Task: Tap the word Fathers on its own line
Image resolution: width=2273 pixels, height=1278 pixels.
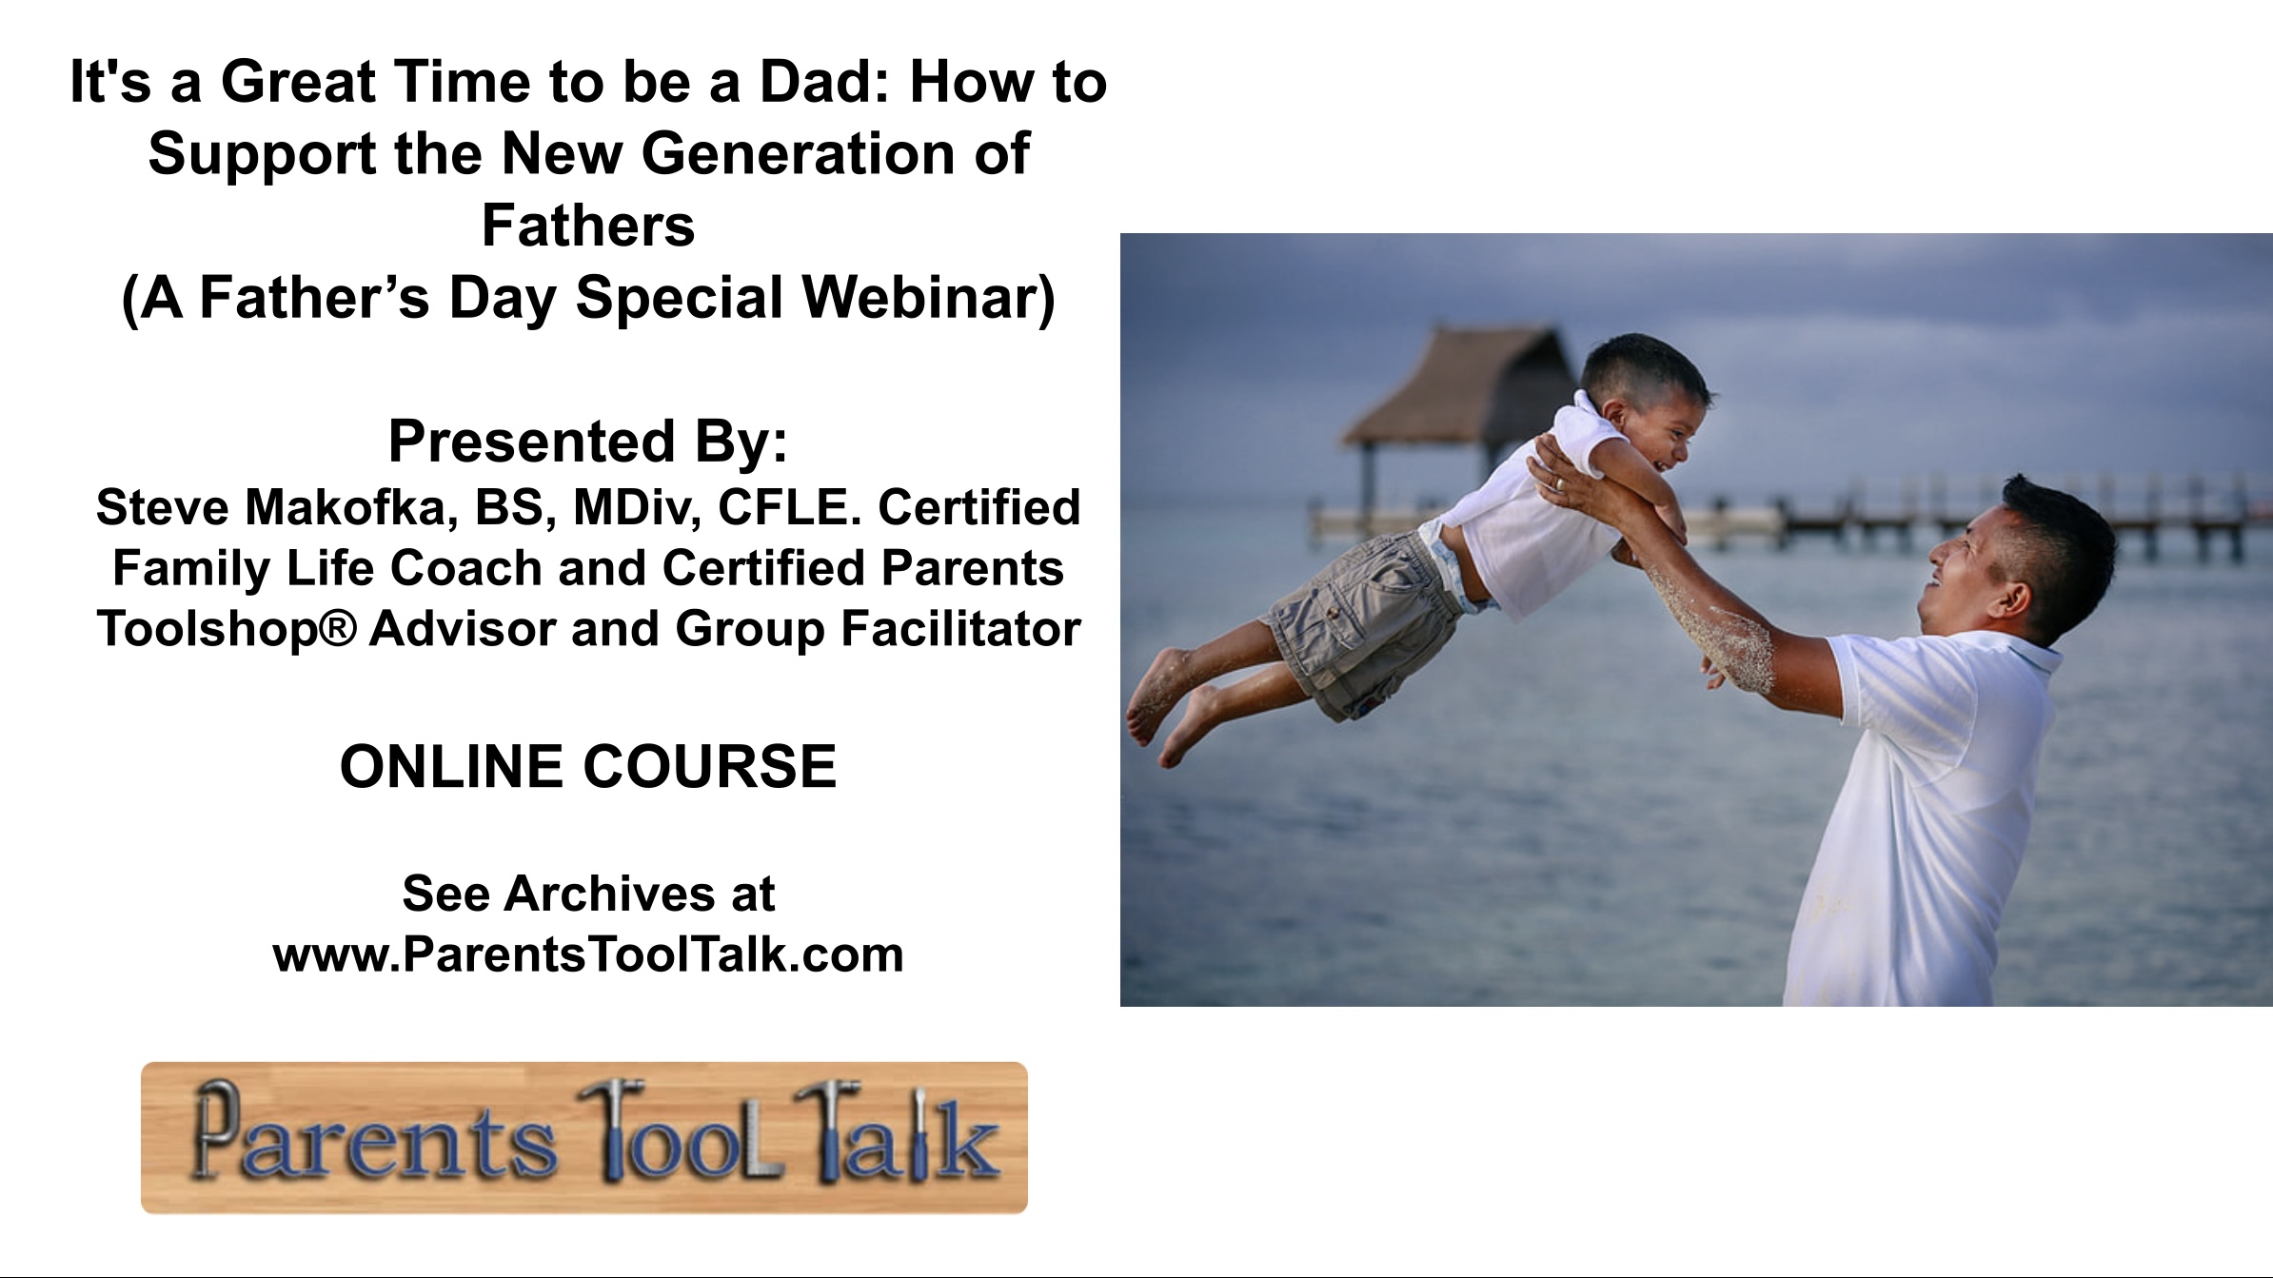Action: pyautogui.click(x=588, y=226)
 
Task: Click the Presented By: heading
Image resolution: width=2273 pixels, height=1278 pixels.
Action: pyautogui.click(x=588, y=442)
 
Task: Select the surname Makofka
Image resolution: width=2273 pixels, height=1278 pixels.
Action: pyautogui.click(x=346, y=506)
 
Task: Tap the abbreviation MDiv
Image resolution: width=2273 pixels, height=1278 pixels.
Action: pyautogui.click(x=637, y=506)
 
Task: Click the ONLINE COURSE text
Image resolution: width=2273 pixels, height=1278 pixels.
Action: pyautogui.click(x=588, y=767)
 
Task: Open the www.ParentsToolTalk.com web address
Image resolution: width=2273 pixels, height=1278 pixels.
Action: pyautogui.click(x=588, y=954)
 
